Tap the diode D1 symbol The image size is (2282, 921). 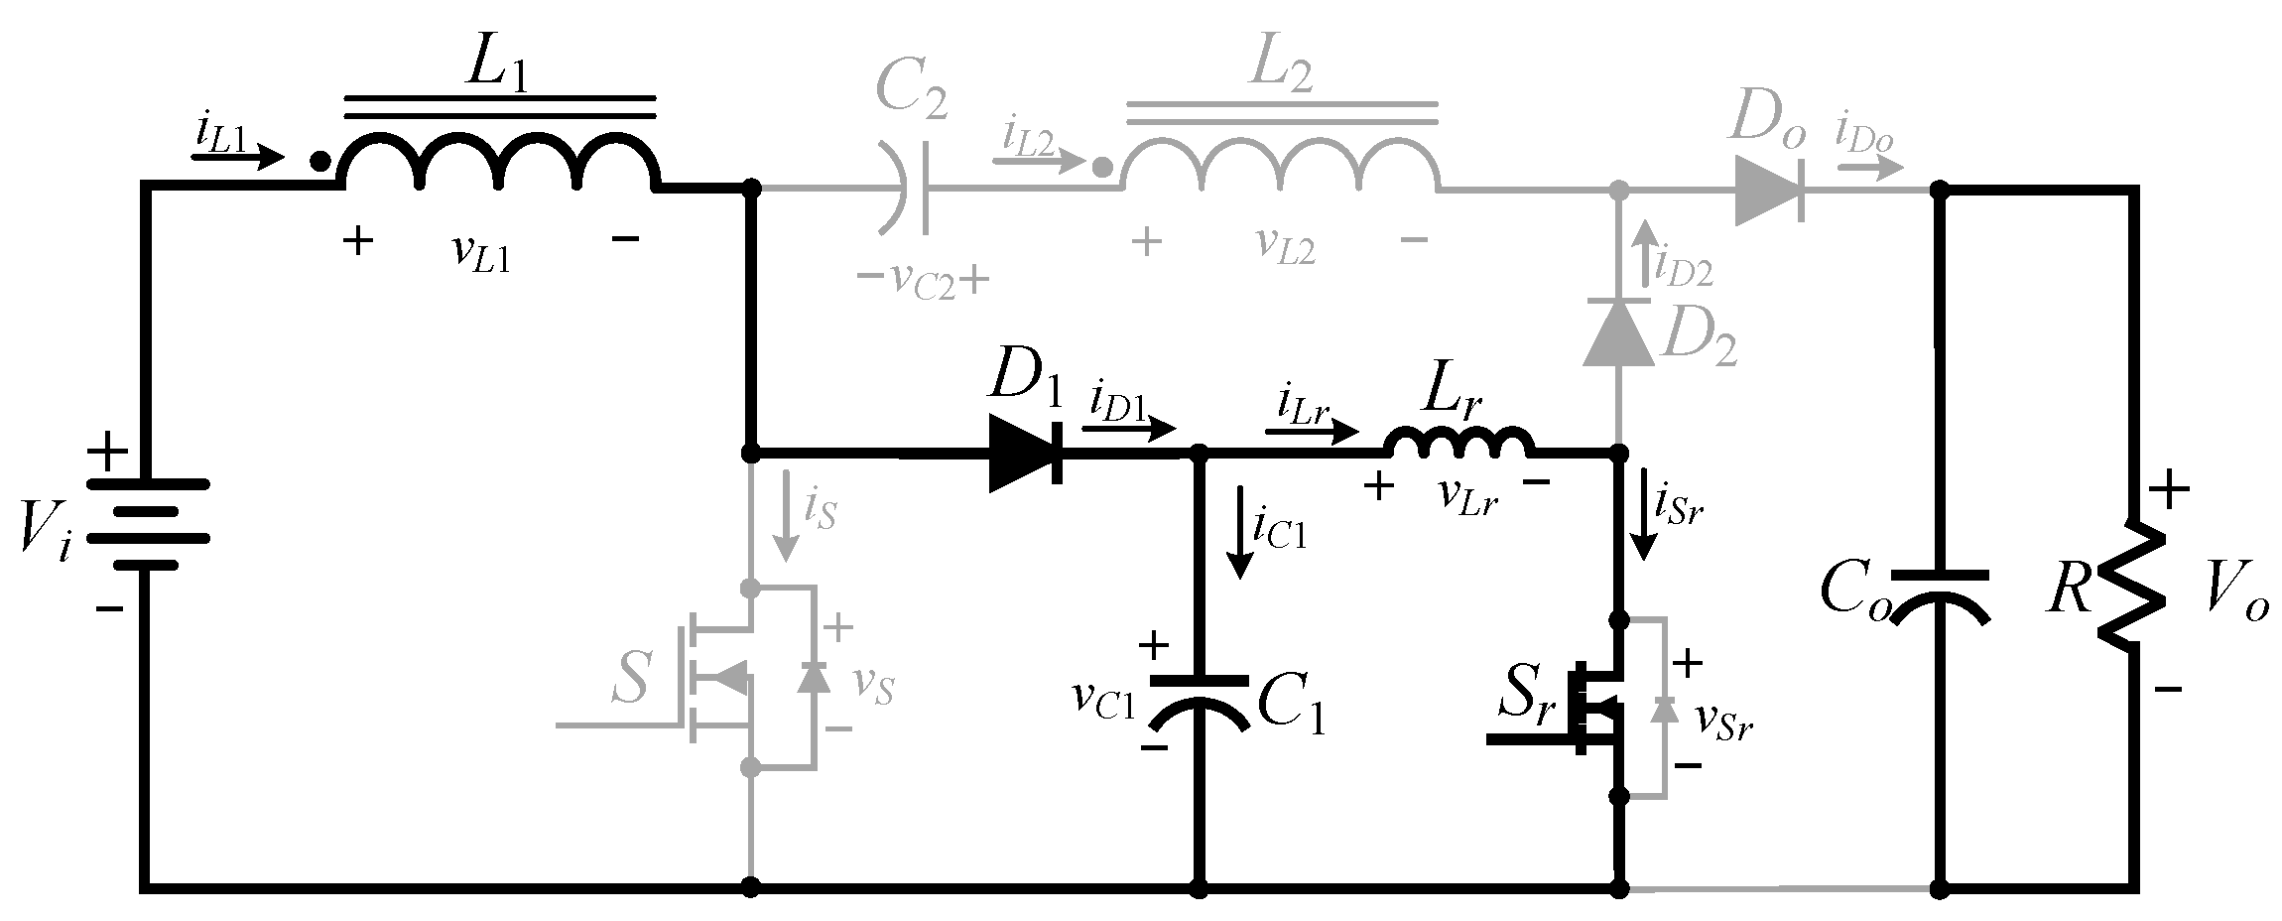pos(1027,456)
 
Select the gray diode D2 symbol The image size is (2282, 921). pos(1618,331)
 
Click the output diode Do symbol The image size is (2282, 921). pos(1768,188)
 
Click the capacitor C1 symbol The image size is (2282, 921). pos(1199,700)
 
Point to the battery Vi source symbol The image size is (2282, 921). pos(148,524)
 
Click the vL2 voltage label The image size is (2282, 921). pos(1287,246)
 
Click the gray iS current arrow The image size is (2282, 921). pos(787,516)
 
